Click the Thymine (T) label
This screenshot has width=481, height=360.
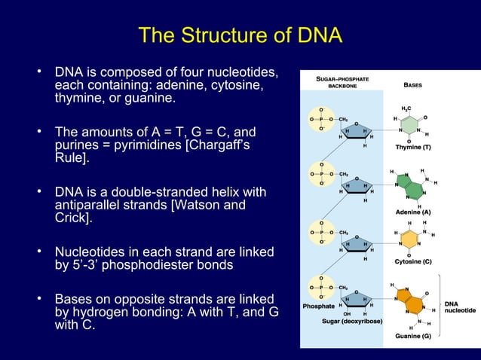pos(413,147)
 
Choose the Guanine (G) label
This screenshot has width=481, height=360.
pos(413,336)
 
